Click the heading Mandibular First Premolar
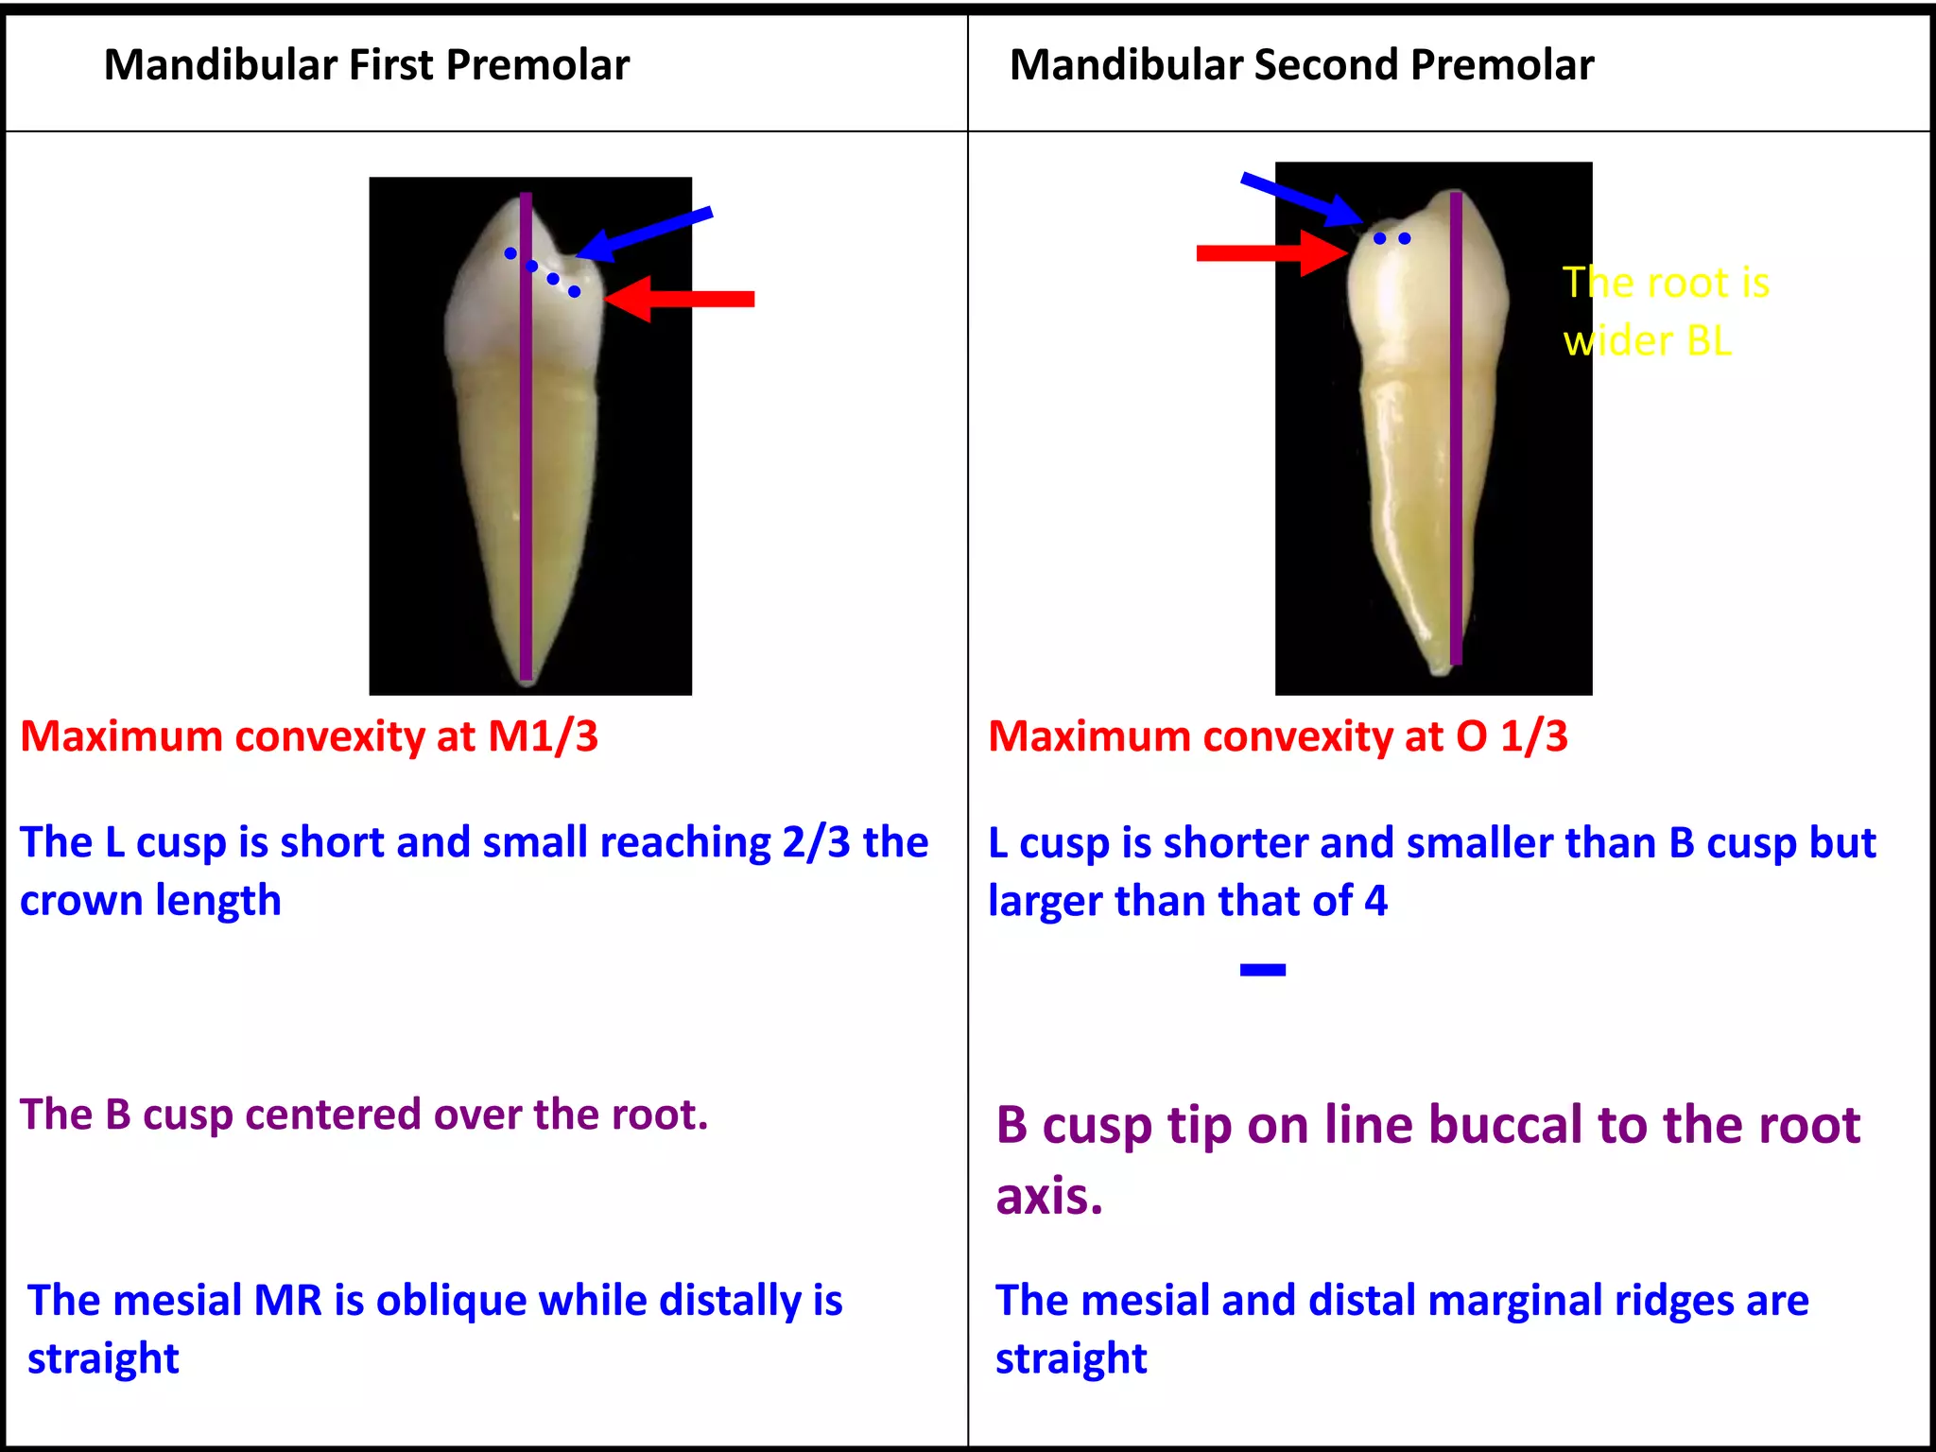point(366,65)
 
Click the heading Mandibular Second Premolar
point(1301,65)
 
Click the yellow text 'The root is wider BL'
point(1664,311)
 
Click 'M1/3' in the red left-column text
point(543,736)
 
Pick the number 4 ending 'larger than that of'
point(1375,901)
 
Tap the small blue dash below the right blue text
point(1262,970)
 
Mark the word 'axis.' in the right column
point(1049,1197)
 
